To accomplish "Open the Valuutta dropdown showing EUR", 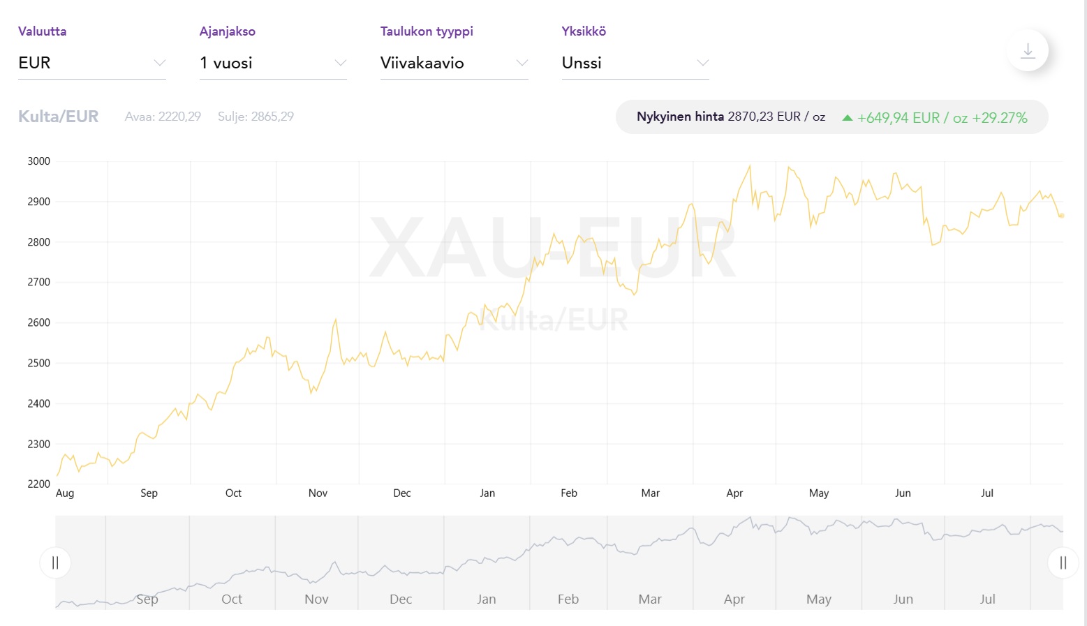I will pos(91,63).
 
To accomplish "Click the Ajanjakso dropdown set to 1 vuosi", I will pos(272,63).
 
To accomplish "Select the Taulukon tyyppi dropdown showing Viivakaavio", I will pos(454,63).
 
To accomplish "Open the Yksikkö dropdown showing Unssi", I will pos(635,63).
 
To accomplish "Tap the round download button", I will pos(1027,51).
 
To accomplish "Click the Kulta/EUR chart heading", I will pos(59,117).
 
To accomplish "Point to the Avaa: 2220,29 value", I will pos(163,117).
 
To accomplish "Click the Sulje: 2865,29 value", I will pos(256,117).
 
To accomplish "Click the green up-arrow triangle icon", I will pos(847,118).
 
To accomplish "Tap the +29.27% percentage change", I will pos(1000,118).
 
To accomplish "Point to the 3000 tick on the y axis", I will pos(39,161).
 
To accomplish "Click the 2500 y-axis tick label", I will pos(39,363).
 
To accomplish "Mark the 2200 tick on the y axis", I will pos(39,484).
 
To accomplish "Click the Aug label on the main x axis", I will pos(65,493).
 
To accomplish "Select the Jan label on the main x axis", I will pos(487,493).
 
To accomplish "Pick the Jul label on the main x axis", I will pos(986,493).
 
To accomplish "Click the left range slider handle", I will pos(55,562).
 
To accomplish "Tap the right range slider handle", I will pos(1063,562).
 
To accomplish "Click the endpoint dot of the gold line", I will pos(1062,216).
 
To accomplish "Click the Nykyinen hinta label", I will pos(680,117).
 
